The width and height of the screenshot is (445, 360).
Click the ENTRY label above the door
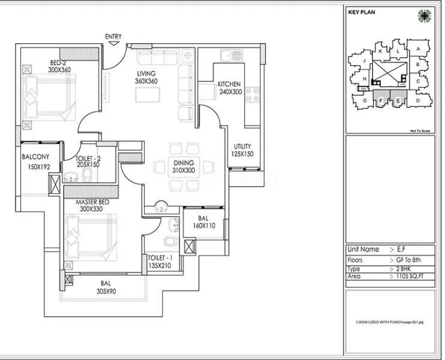113,37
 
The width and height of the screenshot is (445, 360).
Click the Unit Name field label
363,249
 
